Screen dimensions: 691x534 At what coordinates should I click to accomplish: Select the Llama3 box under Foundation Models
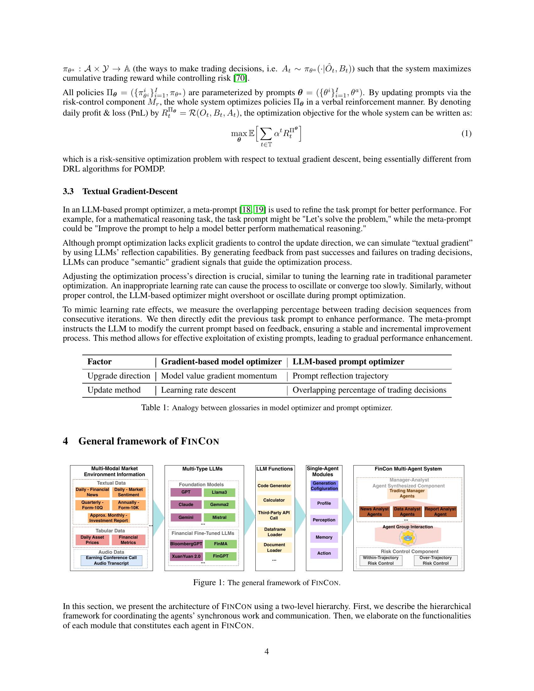tap(219, 492)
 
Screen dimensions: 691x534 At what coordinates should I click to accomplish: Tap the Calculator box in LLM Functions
tap(274, 500)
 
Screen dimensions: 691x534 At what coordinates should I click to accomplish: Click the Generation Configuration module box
tap(324, 486)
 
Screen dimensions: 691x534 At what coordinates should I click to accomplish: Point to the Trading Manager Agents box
tap(407, 493)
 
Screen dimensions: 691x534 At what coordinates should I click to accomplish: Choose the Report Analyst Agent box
tap(440, 511)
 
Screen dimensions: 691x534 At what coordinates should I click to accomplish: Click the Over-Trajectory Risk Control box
tap(436, 560)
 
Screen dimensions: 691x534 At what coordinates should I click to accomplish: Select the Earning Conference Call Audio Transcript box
tap(112, 560)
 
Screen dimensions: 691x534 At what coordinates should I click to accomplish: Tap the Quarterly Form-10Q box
tap(92, 505)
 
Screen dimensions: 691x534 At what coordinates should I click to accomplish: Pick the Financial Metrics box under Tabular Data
tap(128, 539)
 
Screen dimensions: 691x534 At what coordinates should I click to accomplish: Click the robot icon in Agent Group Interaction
tap(407, 537)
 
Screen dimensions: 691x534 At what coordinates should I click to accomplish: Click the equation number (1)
tap(466, 133)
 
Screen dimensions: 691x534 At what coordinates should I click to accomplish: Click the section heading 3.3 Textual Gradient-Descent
tap(120, 191)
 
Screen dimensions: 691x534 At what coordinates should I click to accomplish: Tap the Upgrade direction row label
tap(119, 376)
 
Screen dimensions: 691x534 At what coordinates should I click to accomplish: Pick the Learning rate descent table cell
tap(198, 390)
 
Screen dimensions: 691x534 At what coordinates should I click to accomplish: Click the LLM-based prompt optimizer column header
tap(348, 362)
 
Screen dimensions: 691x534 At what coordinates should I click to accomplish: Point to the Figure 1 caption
tap(267, 582)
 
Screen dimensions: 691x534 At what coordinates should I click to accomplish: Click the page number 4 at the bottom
tap(266, 651)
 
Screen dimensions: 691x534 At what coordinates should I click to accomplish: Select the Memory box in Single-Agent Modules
tap(324, 537)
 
